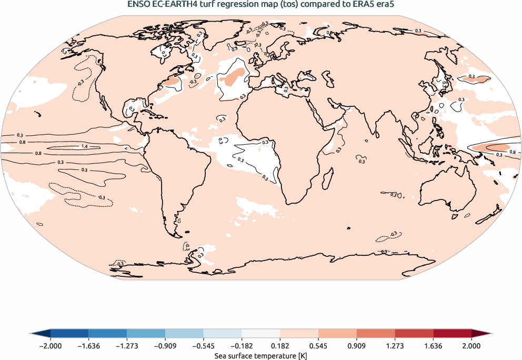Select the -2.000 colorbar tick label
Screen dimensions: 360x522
50,346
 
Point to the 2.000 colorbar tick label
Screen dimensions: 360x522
471,346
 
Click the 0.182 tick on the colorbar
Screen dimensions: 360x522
280,346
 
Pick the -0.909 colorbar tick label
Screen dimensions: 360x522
165,346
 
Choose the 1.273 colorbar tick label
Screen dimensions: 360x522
395,346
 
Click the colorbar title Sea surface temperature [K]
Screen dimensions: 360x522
260,356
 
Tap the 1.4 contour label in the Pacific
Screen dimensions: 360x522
84,146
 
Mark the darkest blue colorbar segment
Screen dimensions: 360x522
69,334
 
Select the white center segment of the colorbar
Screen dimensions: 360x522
260,334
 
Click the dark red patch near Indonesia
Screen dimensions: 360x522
448,147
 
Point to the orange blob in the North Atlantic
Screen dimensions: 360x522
232,77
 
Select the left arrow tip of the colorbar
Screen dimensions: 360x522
32,334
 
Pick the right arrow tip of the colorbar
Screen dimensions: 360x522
490,334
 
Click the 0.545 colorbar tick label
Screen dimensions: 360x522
318,346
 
